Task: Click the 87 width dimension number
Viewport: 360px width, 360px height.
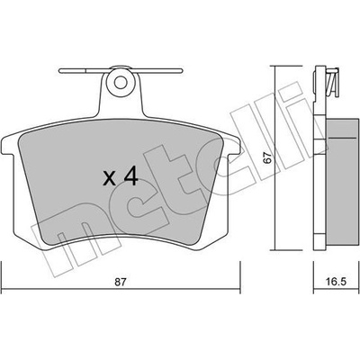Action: pyautogui.click(x=120, y=282)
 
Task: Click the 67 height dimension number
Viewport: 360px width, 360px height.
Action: pyautogui.click(x=267, y=157)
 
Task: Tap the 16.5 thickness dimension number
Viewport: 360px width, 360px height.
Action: pyautogui.click(x=336, y=282)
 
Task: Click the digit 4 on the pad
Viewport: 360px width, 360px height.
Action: pyautogui.click(x=130, y=176)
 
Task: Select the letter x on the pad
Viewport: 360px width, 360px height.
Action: pyautogui.click(x=109, y=178)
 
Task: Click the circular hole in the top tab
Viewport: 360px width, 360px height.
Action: pyautogui.click(x=121, y=82)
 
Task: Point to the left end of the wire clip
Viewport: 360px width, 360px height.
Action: pyautogui.click(x=59, y=71)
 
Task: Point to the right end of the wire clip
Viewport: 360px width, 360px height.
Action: pyautogui.click(x=182, y=70)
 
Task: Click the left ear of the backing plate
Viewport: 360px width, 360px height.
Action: pyautogui.click(x=8, y=147)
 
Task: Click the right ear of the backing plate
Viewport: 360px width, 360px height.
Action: pyautogui.click(x=233, y=147)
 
